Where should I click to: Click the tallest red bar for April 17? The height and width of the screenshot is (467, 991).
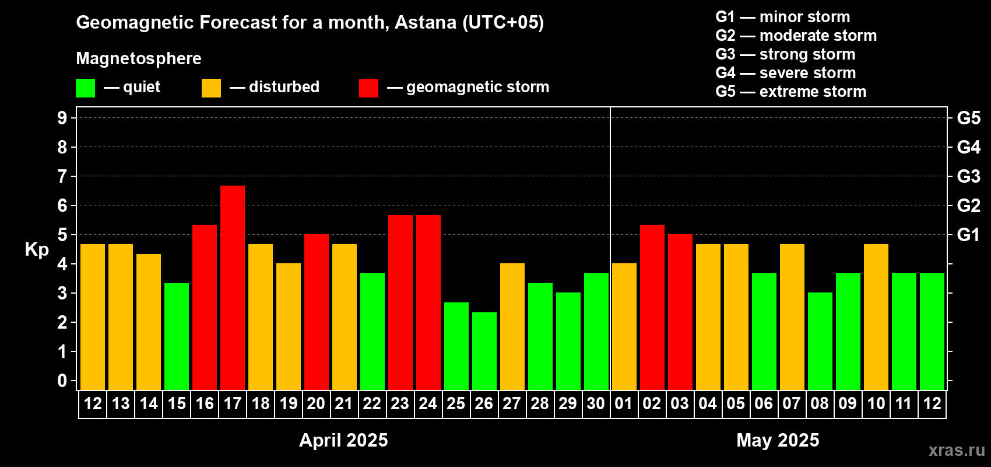(233, 288)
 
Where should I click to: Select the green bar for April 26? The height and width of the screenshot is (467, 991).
(484, 351)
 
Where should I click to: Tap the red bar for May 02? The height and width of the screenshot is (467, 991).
(652, 307)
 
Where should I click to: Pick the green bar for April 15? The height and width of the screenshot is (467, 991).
(177, 336)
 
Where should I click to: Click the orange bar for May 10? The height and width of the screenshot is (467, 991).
(876, 317)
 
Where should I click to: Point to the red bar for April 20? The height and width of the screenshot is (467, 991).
(317, 312)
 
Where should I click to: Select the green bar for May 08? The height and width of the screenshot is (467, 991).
(820, 341)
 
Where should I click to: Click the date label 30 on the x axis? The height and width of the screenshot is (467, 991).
(596, 403)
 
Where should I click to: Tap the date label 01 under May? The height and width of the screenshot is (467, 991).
(624, 403)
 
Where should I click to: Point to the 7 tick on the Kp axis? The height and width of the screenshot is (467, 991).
(62, 176)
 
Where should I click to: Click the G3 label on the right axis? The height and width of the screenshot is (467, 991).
(968, 176)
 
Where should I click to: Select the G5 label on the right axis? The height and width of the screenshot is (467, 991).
(968, 118)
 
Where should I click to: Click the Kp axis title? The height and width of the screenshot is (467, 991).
(37, 249)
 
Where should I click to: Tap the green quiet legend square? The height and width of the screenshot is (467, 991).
(85, 88)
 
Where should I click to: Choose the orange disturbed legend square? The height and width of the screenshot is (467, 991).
(211, 88)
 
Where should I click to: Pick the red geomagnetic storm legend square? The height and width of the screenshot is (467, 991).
(368, 88)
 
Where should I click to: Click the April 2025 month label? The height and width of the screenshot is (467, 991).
(343, 440)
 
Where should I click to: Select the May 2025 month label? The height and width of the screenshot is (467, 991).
(778, 440)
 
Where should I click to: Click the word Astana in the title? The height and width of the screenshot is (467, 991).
(425, 22)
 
